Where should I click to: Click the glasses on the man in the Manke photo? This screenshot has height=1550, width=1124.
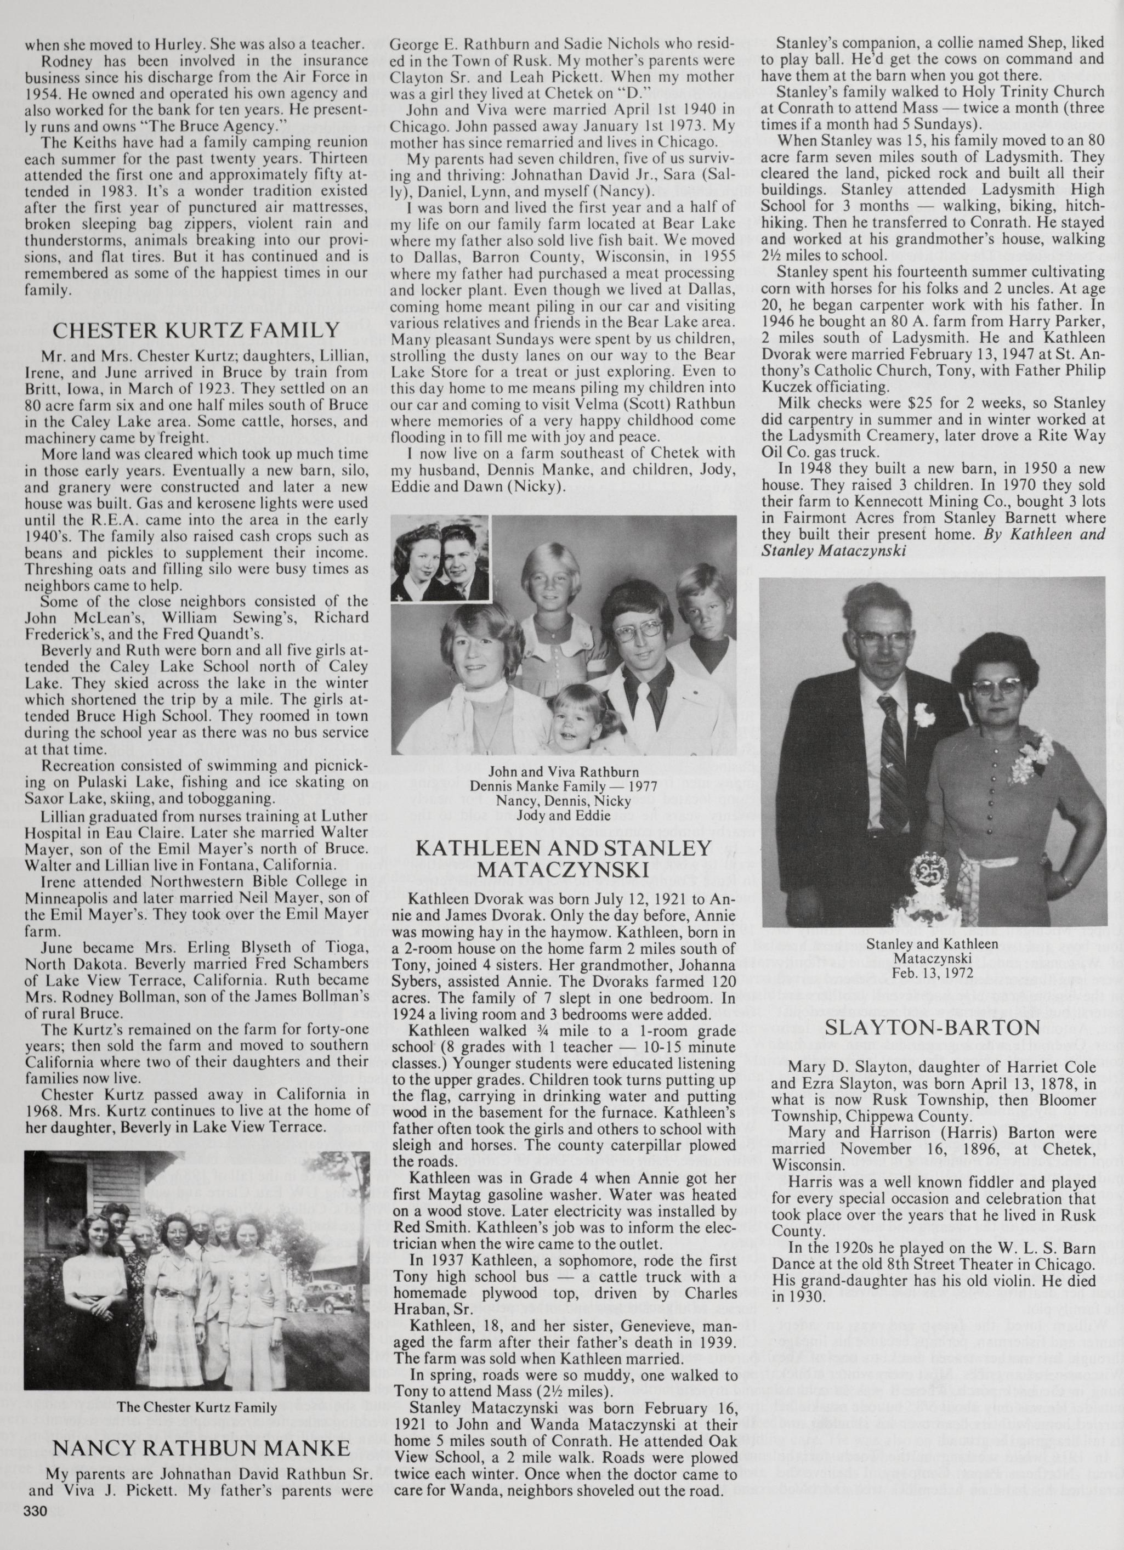pyautogui.click(x=636, y=633)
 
